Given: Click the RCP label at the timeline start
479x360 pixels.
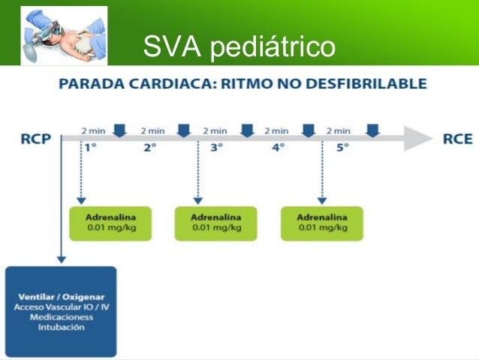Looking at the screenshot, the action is tap(36, 139).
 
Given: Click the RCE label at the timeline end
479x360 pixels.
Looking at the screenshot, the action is tap(458, 139).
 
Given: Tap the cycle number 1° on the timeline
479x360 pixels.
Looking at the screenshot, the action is tap(91, 148).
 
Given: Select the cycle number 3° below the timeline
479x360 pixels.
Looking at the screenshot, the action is tap(216, 148).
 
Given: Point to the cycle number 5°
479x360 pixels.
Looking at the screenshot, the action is tap(342, 148).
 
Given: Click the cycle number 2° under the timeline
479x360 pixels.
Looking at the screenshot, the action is tap(150, 148).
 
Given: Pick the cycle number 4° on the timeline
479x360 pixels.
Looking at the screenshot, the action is tap(279, 148).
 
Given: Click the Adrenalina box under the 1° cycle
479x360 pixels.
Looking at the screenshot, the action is tap(110, 223).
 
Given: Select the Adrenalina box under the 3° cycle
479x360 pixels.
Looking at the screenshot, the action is tap(216, 223).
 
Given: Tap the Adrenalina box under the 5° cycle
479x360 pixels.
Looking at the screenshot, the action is tap(322, 223).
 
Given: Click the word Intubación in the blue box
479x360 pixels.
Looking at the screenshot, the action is tap(62, 327).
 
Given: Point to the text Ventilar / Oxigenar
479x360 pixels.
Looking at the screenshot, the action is tap(62, 297).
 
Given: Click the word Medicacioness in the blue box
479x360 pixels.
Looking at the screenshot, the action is tap(62, 317).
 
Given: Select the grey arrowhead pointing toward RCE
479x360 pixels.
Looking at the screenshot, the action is tap(417, 138).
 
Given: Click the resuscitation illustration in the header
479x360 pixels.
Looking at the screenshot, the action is tap(64, 35).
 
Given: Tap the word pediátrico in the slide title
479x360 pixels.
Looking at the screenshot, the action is tap(273, 47).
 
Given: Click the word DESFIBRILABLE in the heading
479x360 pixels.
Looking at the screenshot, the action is tap(366, 83).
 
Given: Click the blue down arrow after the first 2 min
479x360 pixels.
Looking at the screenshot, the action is tap(120, 131).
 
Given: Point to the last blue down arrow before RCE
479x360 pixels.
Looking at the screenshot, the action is tap(372, 131).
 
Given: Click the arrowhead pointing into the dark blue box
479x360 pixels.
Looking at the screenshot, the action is tap(62, 260).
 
